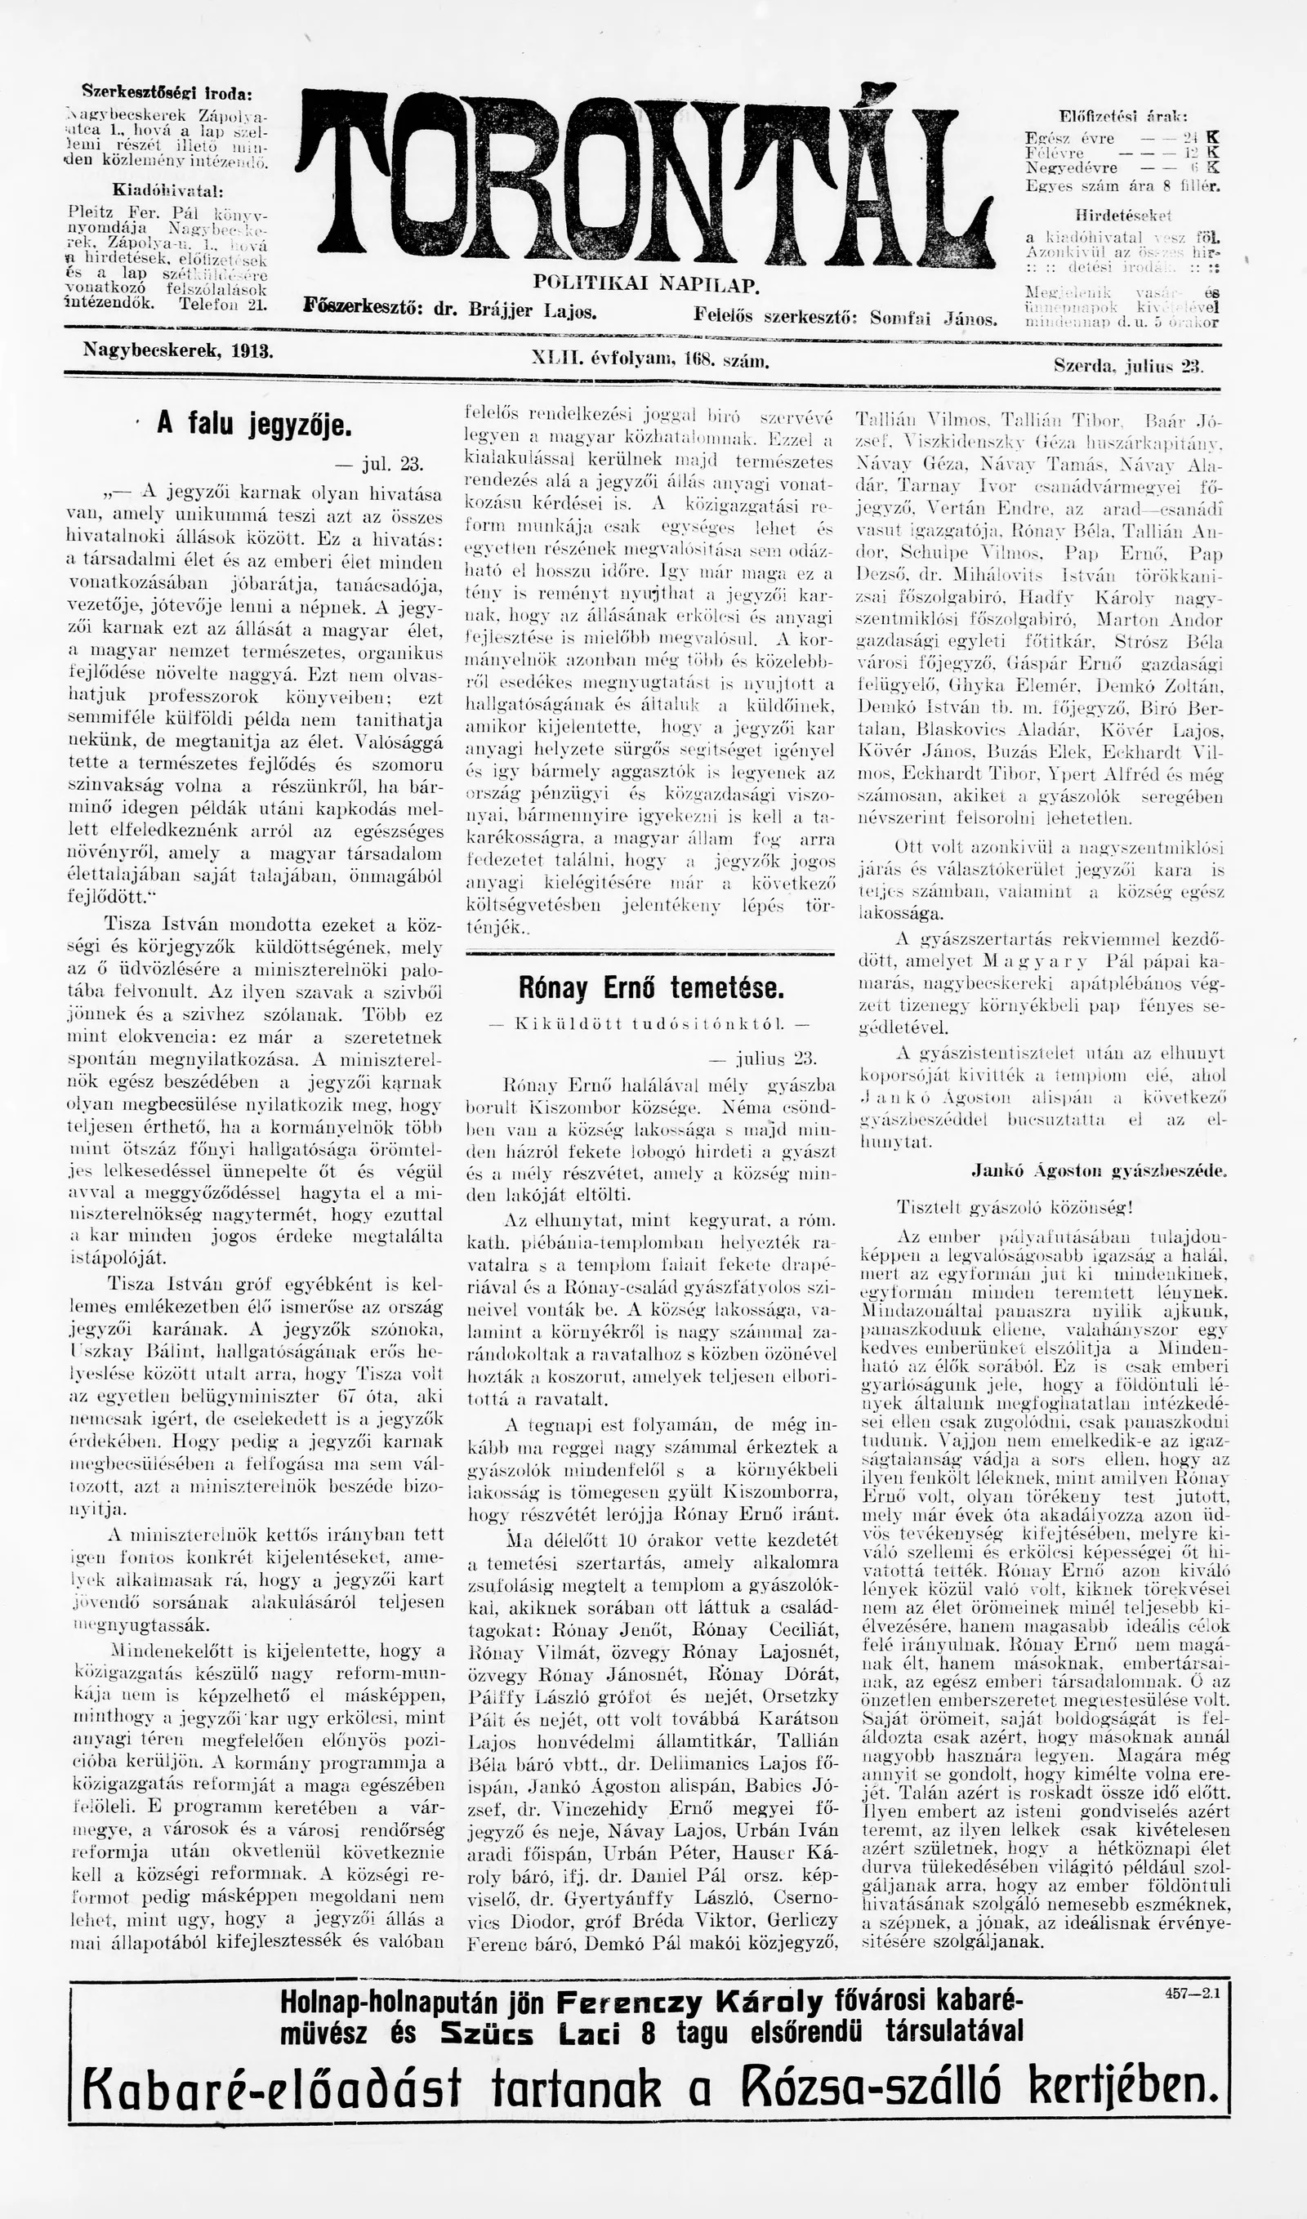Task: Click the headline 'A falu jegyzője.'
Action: tap(254, 425)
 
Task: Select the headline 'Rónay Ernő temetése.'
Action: tap(650, 988)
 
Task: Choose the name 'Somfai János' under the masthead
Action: tap(934, 318)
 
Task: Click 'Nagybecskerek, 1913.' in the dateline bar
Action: tap(178, 350)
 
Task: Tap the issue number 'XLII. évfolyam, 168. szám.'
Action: tap(651, 359)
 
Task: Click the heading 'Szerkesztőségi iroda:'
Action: tap(167, 91)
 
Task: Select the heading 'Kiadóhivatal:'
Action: tap(167, 190)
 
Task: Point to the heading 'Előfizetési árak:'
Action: tap(1122, 116)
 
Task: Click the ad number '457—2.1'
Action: tap(1192, 1972)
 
